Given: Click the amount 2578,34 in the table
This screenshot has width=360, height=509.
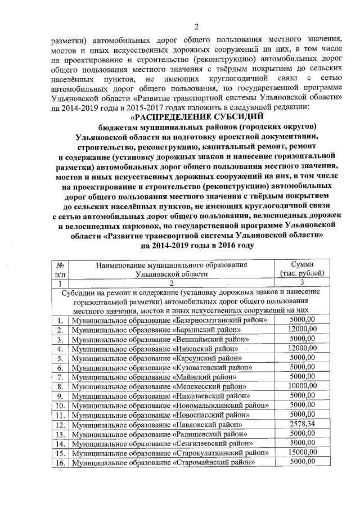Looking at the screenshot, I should point(301,424).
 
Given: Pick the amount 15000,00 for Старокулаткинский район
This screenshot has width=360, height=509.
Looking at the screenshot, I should point(301,452).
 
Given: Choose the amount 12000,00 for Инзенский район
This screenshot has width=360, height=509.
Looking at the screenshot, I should point(301,348).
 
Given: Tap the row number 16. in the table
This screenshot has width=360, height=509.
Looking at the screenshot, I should point(60,462).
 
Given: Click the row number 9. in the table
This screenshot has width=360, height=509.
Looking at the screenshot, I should point(60,396).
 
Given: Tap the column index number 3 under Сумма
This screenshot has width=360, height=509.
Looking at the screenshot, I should point(301,283).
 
